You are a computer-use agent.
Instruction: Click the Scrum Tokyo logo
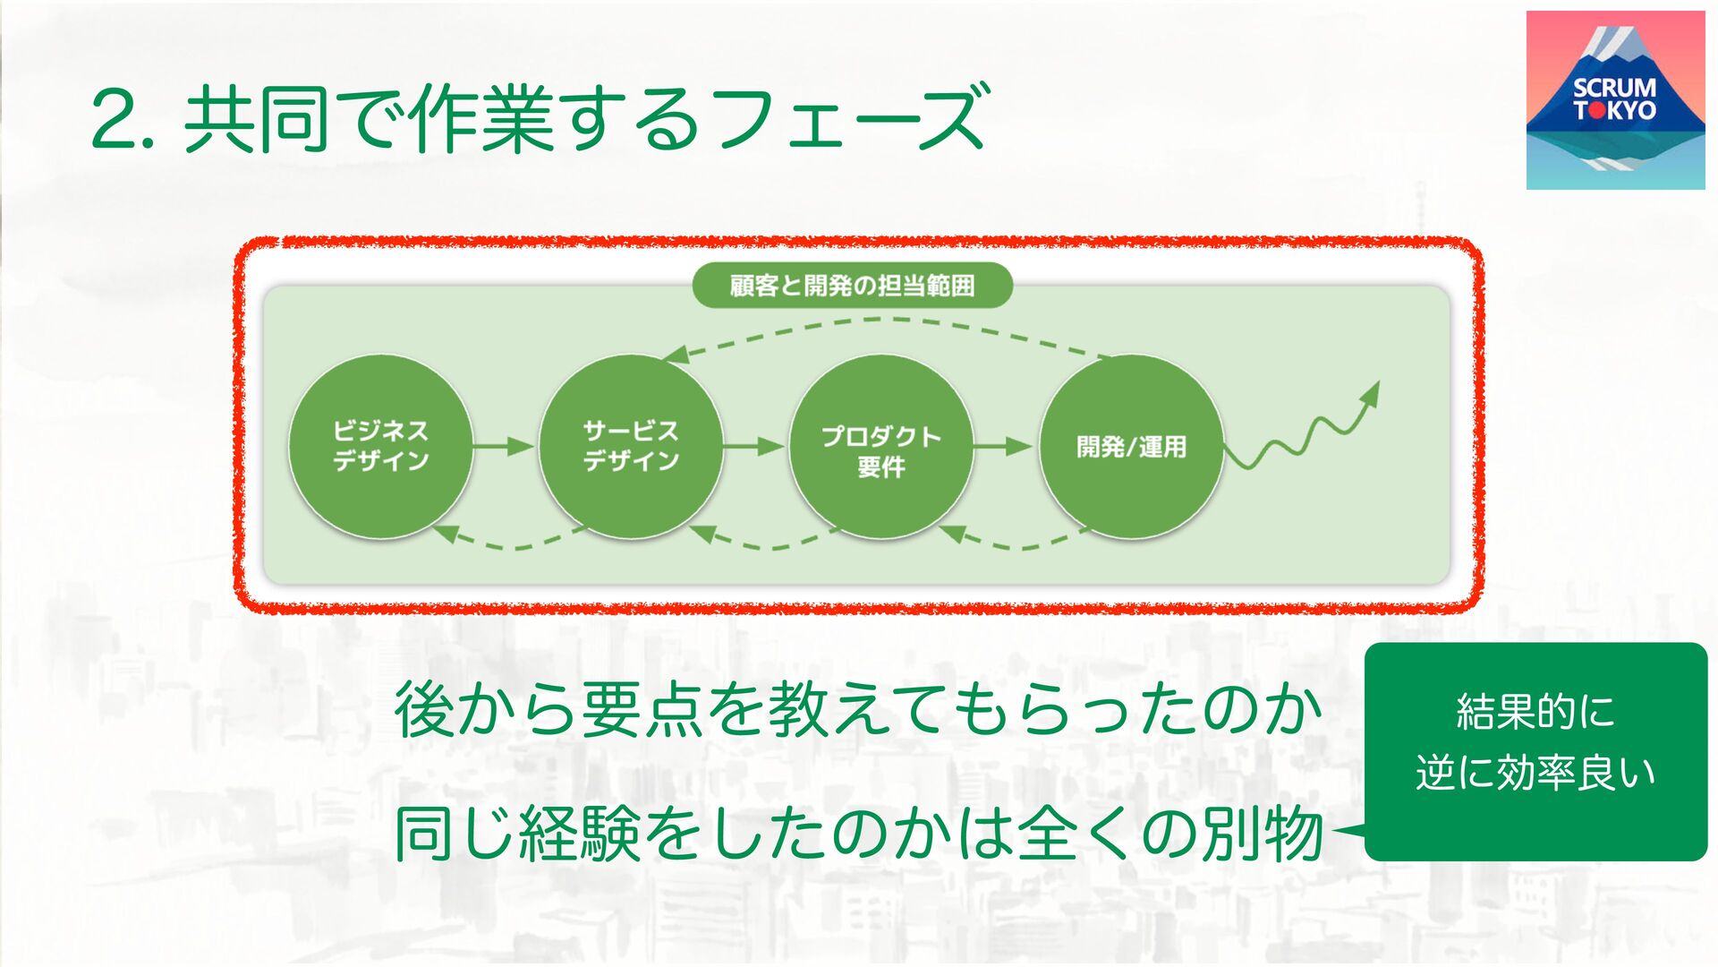point(1615,99)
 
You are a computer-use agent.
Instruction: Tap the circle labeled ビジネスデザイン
point(380,446)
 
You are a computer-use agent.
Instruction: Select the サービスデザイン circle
point(631,446)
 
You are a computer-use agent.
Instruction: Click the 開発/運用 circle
point(1131,446)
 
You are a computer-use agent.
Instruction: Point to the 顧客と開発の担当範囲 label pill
point(852,286)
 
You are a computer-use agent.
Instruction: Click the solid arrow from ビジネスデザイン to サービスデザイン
point(504,446)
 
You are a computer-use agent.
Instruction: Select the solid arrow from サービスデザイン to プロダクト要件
point(754,446)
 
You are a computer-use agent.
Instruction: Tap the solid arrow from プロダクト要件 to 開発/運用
point(1004,446)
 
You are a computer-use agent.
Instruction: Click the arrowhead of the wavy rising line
point(1370,395)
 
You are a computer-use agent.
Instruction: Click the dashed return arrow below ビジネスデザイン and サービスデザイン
point(510,541)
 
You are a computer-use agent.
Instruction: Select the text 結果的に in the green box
point(1535,712)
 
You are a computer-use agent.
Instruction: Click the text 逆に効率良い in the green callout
point(1535,773)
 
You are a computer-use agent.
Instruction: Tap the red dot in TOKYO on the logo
point(1596,111)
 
